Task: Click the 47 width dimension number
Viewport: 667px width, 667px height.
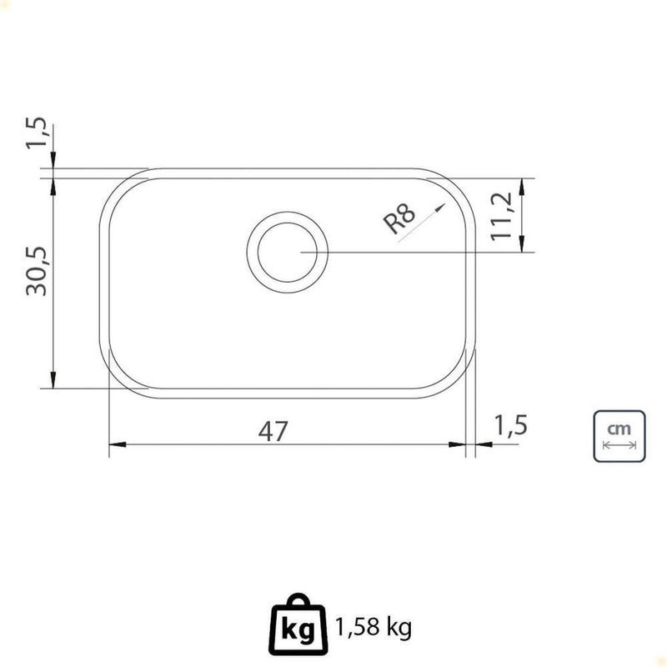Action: (273, 431)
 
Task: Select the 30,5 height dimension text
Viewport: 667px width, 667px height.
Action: (37, 271)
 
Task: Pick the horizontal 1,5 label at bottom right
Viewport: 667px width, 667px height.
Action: (510, 425)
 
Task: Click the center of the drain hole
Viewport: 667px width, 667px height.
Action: (288, 253)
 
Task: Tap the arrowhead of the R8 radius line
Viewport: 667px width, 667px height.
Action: (441, 208)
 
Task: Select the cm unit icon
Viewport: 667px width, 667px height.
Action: (619, 436)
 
